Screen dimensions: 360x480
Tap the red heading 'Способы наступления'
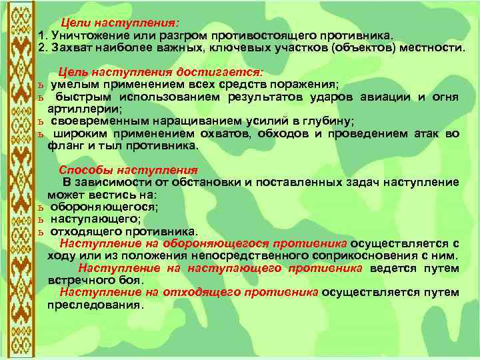coord(129,169)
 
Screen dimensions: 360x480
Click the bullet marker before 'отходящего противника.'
coord(41,232)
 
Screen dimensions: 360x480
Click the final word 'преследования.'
coord(95,305)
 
